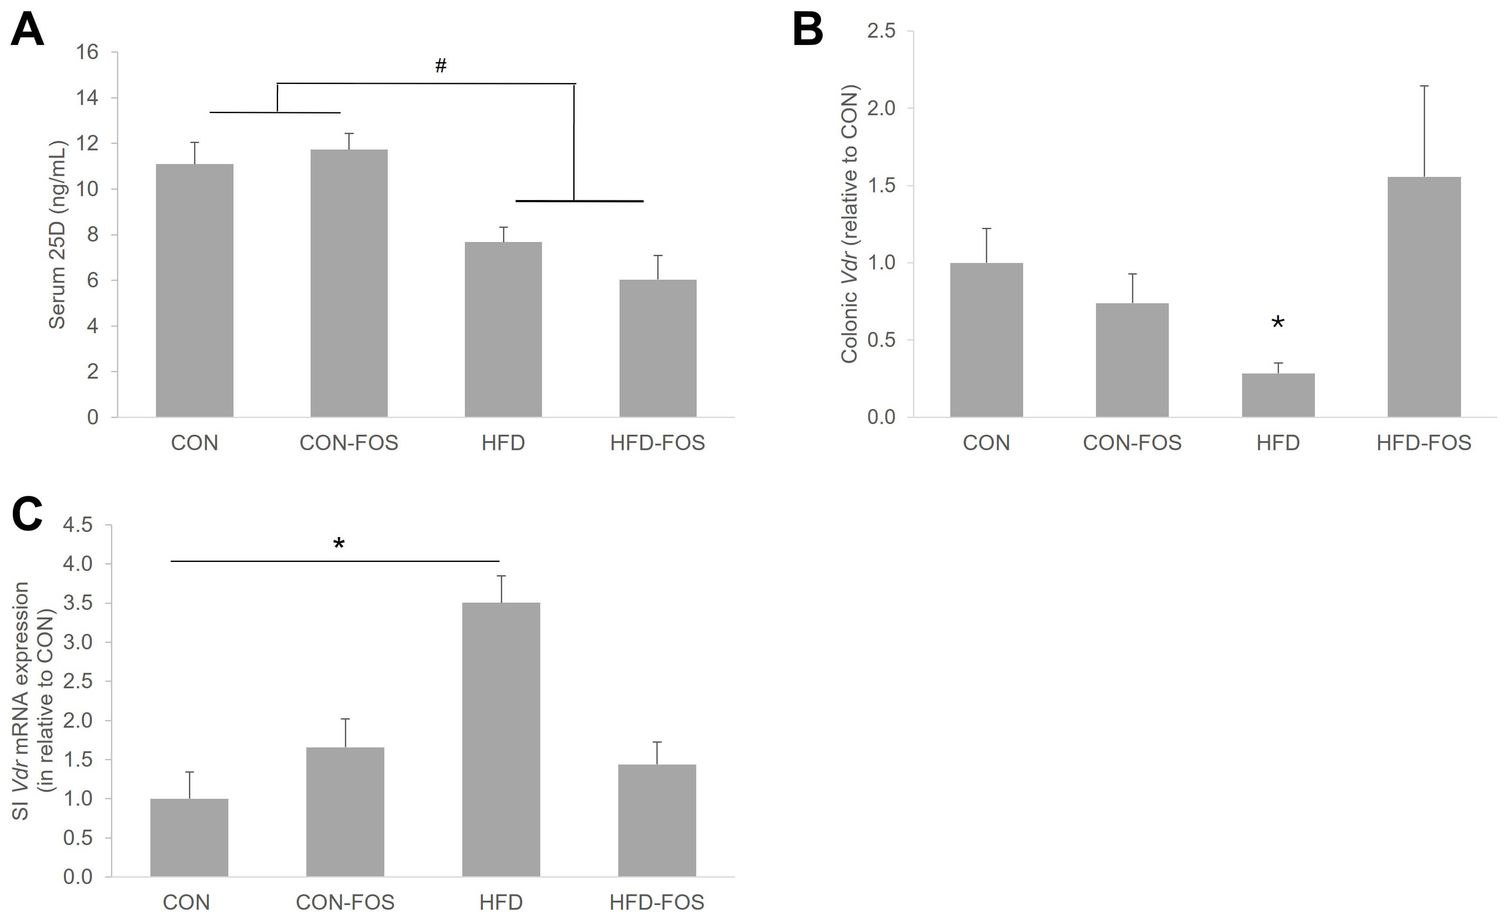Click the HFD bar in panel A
(x=503, y=330)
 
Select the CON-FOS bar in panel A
(x=349, y=284)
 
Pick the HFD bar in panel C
(x=501, y=739)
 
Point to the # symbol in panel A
(x=441, y=66)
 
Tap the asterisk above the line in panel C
(x=338, y=543)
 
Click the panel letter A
(x=27, y=29)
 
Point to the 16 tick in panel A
(x=87, y=52)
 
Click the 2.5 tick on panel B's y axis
(x=881, y=30)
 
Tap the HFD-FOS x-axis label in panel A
(x=658, y=443)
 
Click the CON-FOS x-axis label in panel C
(x=345, y=902)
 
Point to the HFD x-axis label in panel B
(x=1278, y=443)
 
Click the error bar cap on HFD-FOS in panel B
(x=1424, y=86)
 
